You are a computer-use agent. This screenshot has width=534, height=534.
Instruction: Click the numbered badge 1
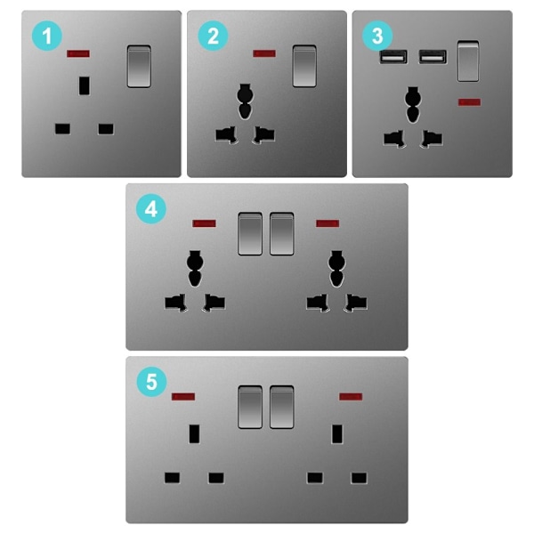click(x=47, y=36)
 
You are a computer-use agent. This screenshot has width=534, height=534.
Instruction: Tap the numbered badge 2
click(x=213, y=36)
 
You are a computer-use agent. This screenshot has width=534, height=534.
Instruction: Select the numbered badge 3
click(x=377, y=36)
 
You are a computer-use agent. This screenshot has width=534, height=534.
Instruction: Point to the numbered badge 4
click(x=151, y=208)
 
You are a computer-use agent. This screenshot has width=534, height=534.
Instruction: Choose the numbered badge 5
click(x=151, y=382)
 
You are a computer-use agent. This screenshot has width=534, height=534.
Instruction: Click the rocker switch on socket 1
click(x=139, y=66)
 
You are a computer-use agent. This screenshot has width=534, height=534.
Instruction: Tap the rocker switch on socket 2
click(x=304, y=66)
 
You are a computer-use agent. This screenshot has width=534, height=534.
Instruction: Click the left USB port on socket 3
click(x=393, y=57)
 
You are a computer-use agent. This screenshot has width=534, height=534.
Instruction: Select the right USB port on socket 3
click(x=433, y=57)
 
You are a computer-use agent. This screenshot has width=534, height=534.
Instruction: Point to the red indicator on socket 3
click(x=470, y=102)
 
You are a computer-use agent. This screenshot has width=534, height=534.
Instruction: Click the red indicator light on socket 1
click(x=78, y=53)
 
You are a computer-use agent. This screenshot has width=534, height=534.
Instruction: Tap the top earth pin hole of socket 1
click(x=85, y=85)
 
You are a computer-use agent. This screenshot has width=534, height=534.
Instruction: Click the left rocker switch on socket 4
click(x=250, y=233)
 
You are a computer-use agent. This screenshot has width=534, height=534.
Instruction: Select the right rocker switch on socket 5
click(x=281, y=407)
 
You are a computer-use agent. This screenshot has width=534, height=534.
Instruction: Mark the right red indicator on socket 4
click(x=328, y=223)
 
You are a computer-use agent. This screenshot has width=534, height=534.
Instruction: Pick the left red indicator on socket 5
click(x=183, y=396)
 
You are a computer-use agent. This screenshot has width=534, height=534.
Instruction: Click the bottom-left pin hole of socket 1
click(x=62, y=129)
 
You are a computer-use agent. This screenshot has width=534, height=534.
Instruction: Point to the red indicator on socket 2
click(x=264, y=53)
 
